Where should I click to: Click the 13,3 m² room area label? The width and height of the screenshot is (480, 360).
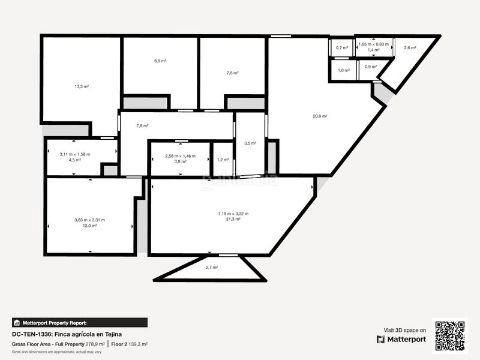coord(82,86)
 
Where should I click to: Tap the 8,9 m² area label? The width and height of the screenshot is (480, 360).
coord(160,61)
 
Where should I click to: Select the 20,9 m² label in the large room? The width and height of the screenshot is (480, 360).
coord(320,116)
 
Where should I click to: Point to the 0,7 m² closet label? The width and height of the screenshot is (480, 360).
coord(342,48)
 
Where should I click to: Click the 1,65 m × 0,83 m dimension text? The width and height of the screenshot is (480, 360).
coord(373,44)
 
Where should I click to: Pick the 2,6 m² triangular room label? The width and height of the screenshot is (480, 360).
coord(410,48)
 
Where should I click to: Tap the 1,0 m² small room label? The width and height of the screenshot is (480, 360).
coord(343,70)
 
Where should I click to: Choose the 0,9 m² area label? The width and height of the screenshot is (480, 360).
coord(371,67)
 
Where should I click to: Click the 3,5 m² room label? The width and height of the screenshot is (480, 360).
coord(250,143)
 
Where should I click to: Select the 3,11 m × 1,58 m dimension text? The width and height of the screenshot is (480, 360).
coord(74,154)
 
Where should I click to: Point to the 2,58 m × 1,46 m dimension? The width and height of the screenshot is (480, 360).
coord(181,156)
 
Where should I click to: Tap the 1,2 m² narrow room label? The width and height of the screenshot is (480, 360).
coord(223,160)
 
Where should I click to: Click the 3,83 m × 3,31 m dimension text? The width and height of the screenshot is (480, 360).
coord(89,220)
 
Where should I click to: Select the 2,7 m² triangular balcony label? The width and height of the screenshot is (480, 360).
coord(211,267)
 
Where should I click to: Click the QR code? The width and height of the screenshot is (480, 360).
coord(450,335)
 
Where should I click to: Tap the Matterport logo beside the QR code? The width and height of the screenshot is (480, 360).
coord(401,339)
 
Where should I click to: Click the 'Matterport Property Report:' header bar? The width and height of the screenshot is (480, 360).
coord(79,322)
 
